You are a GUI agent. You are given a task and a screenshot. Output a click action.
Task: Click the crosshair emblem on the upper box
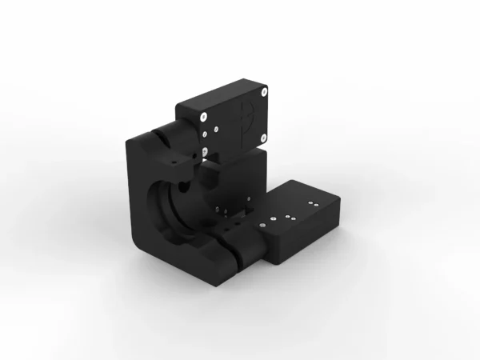coord(247,117)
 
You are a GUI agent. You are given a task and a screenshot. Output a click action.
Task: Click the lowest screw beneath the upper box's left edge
coord(206,150)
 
